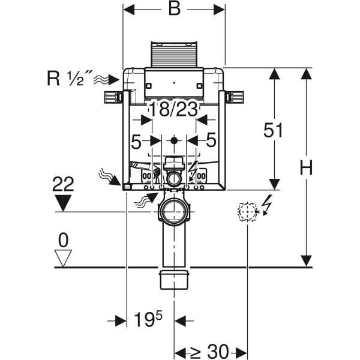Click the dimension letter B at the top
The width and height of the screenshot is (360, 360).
[174, 10]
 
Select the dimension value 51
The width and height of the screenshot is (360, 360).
[274, 130]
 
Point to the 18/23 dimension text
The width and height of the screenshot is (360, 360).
[173, 109]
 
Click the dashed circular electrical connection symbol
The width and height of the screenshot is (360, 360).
[247, 211]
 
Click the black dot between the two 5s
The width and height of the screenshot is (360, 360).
[174, 140]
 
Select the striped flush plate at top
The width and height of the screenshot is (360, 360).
[174, 55]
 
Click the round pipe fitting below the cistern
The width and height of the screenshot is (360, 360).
[174, 212]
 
